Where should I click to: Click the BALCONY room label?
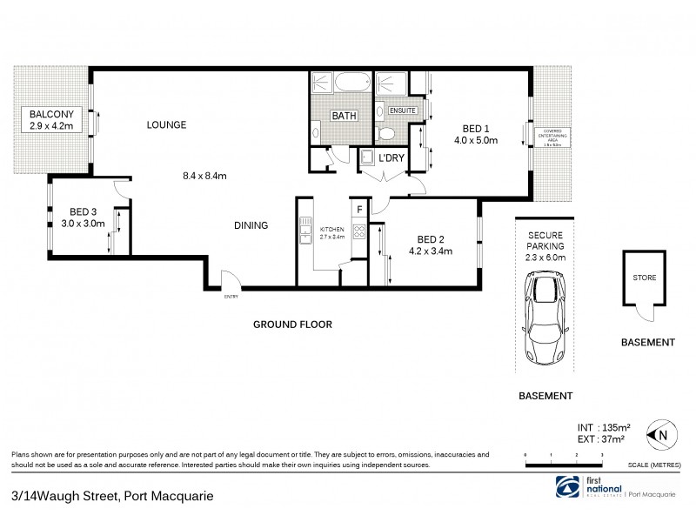click(x=49, y=115)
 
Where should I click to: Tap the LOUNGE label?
click(x=167, y=125)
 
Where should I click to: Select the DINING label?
click(x=250, y=225)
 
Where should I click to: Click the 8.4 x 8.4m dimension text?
click(x=204, y=177)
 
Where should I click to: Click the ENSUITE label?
click(x=402, y=111)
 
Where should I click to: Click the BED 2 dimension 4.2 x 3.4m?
click(x=437, y=252)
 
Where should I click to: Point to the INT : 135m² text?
click(x=604, y=426)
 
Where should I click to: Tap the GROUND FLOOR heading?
click(x=292, y=325)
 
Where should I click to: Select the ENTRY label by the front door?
click(x=231, y=297)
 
